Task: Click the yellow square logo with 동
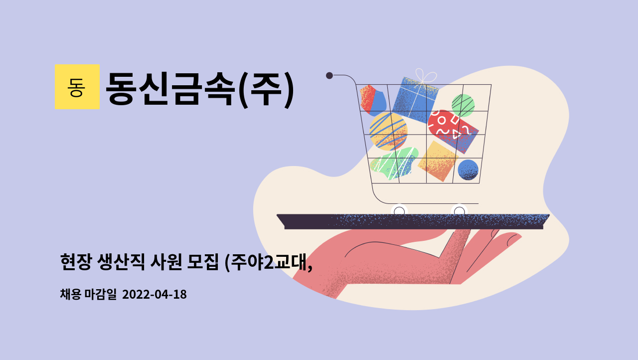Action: click(77, 87)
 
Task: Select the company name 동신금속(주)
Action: click(199, 89)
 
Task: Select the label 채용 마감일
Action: click(88, 295)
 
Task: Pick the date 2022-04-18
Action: click(154, 295)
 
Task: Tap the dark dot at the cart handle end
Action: click(329, 75)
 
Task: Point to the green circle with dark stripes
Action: click(463, 105)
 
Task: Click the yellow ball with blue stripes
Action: click(388, 131)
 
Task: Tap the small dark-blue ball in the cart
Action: click(468, 170)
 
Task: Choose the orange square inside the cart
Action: click(438, 161)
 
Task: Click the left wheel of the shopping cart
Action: click(399, 211)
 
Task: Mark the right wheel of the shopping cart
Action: click(459, 211)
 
